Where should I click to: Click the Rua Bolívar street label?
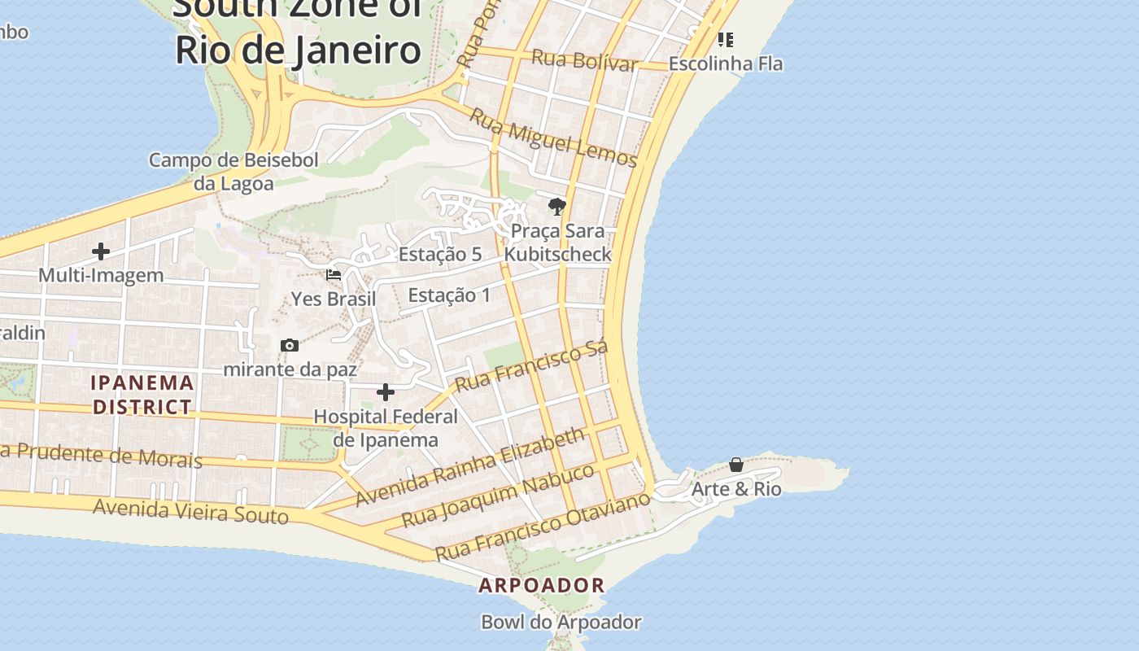click(584, 60)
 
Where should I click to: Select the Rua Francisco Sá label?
click(531, 367)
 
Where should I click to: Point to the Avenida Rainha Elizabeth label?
click(470, 466)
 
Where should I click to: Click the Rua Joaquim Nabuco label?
click(499, 495)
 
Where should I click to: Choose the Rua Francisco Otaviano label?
click(543, 526)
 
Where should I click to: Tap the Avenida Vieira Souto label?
click(190, 512)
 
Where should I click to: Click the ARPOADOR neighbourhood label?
click(542, 585)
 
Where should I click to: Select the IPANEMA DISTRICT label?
click(142, 395)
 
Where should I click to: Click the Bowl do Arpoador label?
click(561, 623)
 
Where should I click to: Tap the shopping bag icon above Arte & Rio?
click(736, 465)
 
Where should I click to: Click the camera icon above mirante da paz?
click(290, 346)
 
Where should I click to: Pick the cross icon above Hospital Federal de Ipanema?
click(386, 393)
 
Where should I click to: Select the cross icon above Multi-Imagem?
click(101, 251)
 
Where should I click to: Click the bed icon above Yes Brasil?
click(334, 275)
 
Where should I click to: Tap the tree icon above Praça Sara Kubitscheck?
click(557, 206)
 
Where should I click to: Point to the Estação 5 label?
click(439, 255)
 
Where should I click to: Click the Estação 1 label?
click(449, 295)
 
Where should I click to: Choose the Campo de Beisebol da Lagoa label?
click(233, 172)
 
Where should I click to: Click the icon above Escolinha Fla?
click(726, 39)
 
